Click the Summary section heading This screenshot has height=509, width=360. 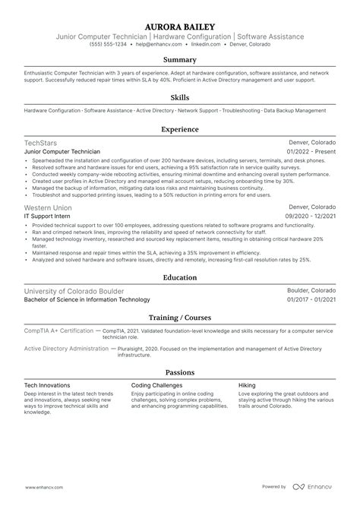point(180,58)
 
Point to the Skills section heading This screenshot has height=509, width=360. point(180,98)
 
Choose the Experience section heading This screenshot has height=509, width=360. point(180,130)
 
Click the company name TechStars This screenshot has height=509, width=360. point(40,143)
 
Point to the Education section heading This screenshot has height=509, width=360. point(180,278)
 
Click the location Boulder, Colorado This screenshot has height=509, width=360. point(311,291)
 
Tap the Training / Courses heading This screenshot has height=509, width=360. point(180,317)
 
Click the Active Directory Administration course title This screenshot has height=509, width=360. point(66,348)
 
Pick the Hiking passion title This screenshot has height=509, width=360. point(247,385)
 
